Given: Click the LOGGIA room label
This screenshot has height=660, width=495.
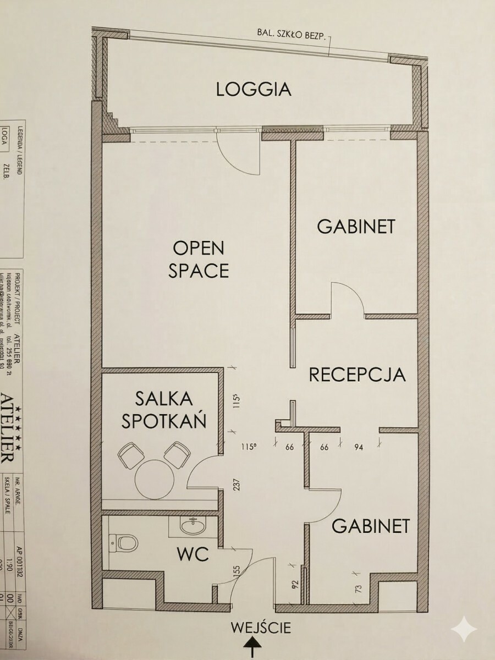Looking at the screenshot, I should pyautogui.click(x=253, y=89).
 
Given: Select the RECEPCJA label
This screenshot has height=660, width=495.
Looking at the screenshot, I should pyautogui.click(x=358, y=375).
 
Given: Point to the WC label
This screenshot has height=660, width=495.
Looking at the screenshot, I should pyautogui.click(x=193, y=554).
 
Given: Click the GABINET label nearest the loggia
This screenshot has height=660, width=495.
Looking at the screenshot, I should pyautogui.click(x=356, y=227).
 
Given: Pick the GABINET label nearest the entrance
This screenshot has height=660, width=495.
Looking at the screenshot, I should pyautogui.click(x=371, y=526).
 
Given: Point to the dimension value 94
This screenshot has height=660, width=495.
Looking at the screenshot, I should pyautogui.click(x=359, y=447).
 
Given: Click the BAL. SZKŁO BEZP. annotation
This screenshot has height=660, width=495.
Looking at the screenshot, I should pyautogui.click(x=291, y=34).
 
